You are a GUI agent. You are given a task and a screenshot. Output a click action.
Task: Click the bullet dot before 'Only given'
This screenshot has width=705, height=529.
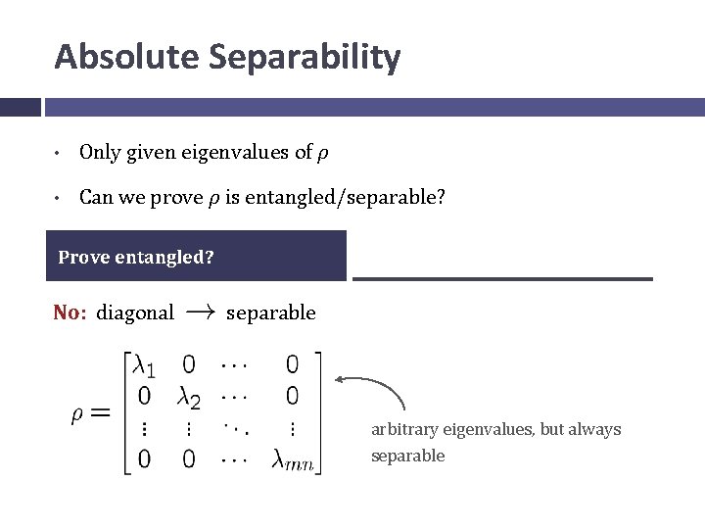coord(60,154)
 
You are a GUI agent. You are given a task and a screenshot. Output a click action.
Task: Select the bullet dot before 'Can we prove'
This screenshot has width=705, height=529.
coord(60,199)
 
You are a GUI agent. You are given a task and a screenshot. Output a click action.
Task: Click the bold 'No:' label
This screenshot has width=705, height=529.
coord(70,313)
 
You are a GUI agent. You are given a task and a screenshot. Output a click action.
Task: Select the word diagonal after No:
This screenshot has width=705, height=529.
coord(135,313)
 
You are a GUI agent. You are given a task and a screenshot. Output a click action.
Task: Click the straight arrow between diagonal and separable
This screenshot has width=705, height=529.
coord(201,313)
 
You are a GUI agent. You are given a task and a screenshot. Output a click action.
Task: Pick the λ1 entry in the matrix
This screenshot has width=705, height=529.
coord(143,366)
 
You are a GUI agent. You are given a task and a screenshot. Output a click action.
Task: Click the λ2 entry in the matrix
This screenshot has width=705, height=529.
coord(190,398)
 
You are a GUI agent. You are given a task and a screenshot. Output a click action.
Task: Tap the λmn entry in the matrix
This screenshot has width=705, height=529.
coord(293,457)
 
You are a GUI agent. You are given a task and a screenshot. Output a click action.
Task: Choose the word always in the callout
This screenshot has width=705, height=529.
coord(594,430)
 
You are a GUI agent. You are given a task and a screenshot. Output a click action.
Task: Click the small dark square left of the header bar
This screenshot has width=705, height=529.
coord(20,107)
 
